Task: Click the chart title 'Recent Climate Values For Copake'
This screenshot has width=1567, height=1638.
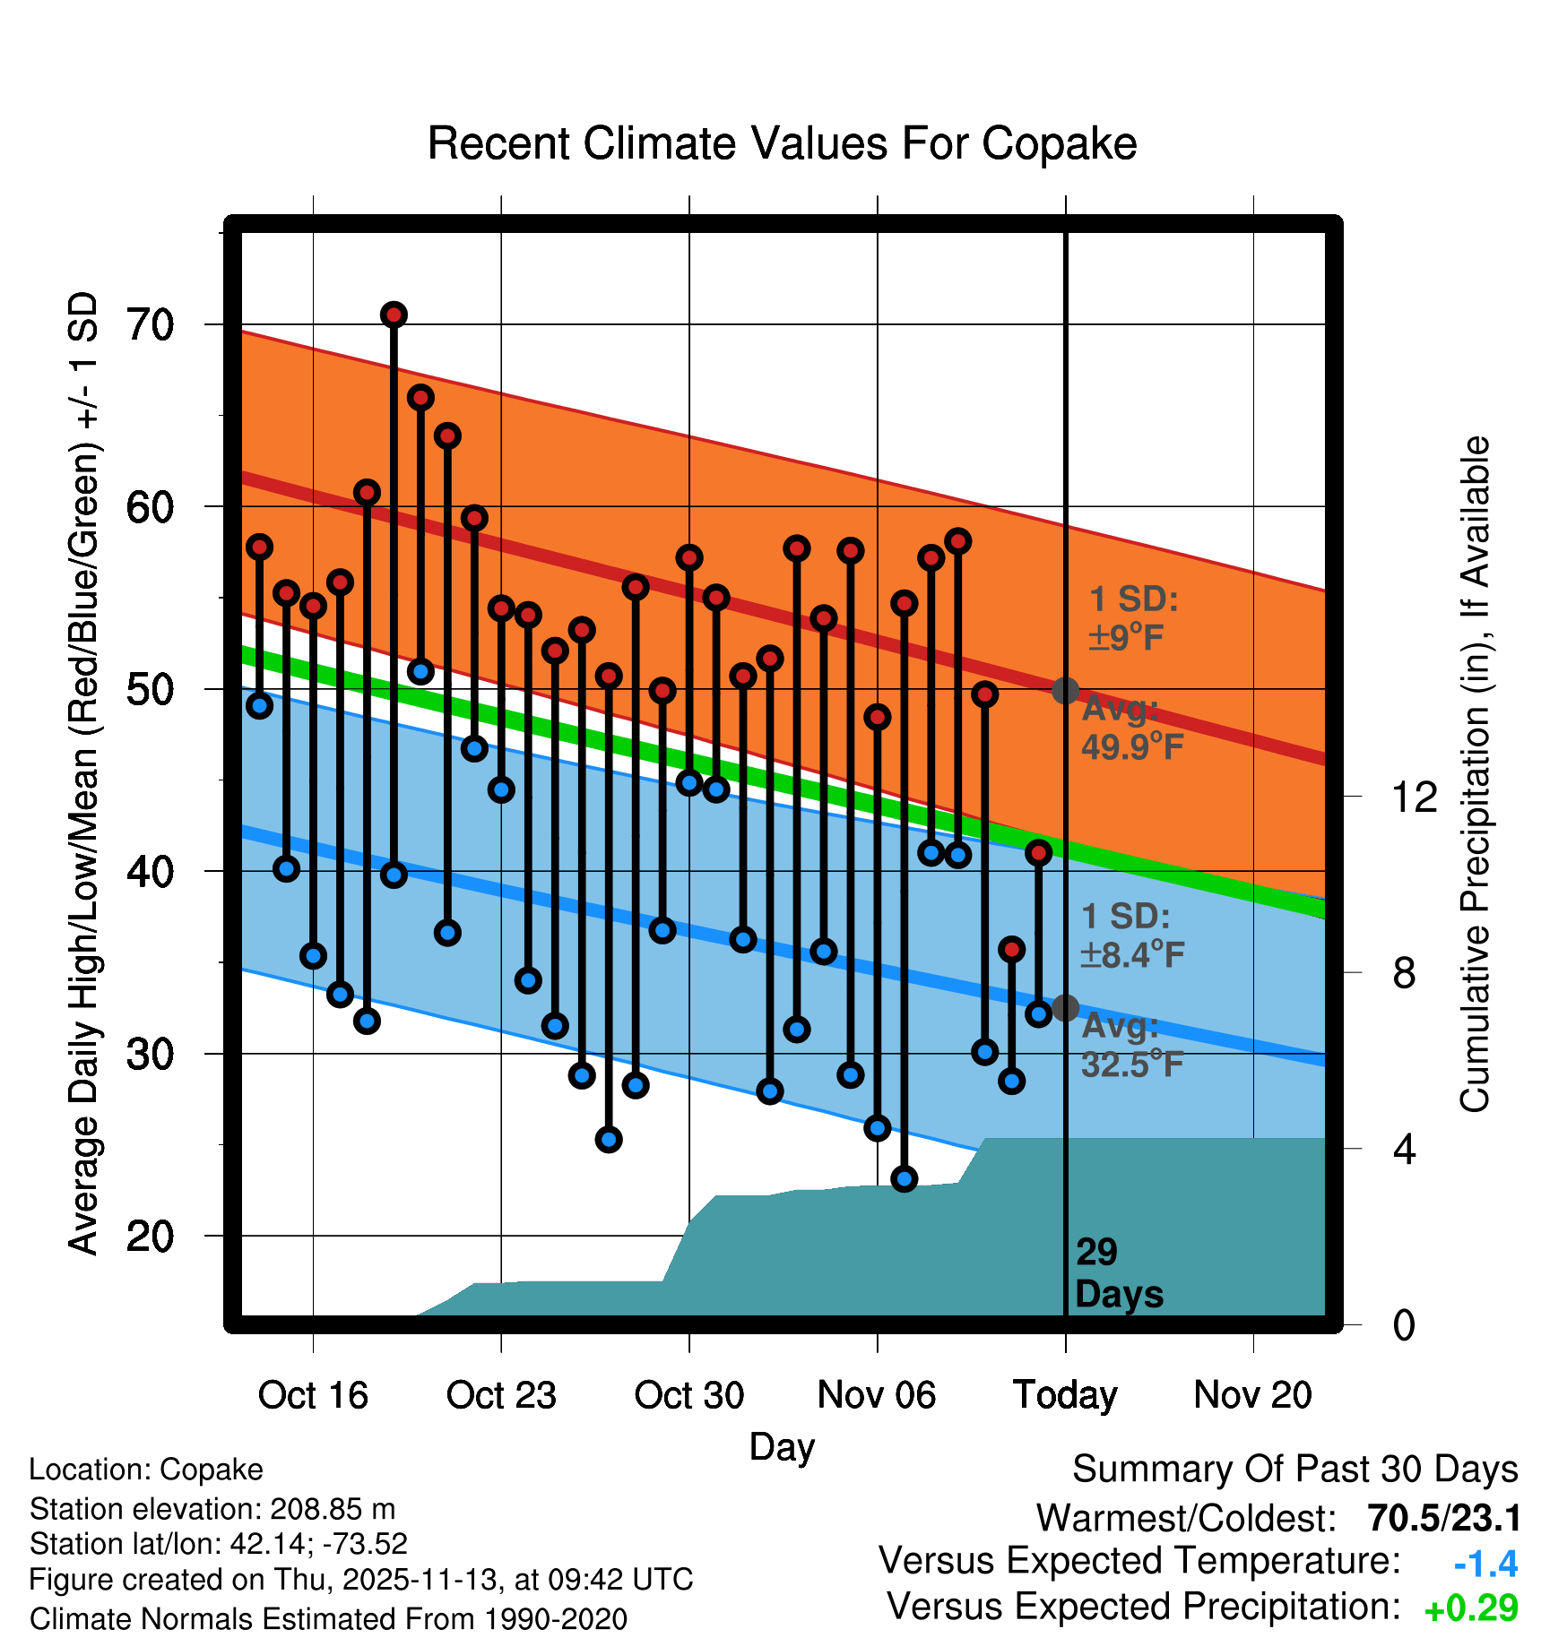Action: pyautogui.click(x=782, y=143)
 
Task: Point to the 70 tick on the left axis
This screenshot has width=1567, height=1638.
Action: pyautogui.click(x=150, y=324)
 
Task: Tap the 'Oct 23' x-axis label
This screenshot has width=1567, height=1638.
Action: pyautogui.click(x=501, y=1395)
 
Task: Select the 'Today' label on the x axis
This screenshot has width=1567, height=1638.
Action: pyautogui.click(x=1065, y=1395)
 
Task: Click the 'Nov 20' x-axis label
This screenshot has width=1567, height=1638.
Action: pyautogui.click(x=1252, y=1395)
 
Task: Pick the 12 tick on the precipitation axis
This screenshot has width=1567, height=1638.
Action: pyautogui.click(x=1414, y=797)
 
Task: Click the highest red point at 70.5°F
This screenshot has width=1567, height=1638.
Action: pyautogui.click(x=394, y=315)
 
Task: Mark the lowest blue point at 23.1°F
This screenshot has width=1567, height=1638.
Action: pyautogui.click(x=905, y=1178)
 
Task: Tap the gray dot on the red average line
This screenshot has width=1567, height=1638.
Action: pyautogui.click(x=1065, y=691)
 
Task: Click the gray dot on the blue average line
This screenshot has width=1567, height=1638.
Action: pyautogui.click(x=1065, y=1008)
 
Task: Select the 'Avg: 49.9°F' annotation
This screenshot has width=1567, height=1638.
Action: pyautogui.click(x=1131, y=728)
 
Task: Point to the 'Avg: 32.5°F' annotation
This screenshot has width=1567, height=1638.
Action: pyautogui.click(x=1131, y=1045)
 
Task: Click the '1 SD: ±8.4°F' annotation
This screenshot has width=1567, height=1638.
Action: pyautogui.click(x=1131, y=935)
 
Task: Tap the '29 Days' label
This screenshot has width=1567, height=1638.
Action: pyautogui.click(x=1117, y=1273)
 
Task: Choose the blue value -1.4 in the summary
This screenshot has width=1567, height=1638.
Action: pyautogui.click(x=1485, y=1565)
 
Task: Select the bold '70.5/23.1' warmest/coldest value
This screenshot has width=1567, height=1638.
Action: pyautogui.click(x=1444, y=1519)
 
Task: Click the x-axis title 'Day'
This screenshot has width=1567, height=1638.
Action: pyautogui.click(x=782, y=1446)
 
